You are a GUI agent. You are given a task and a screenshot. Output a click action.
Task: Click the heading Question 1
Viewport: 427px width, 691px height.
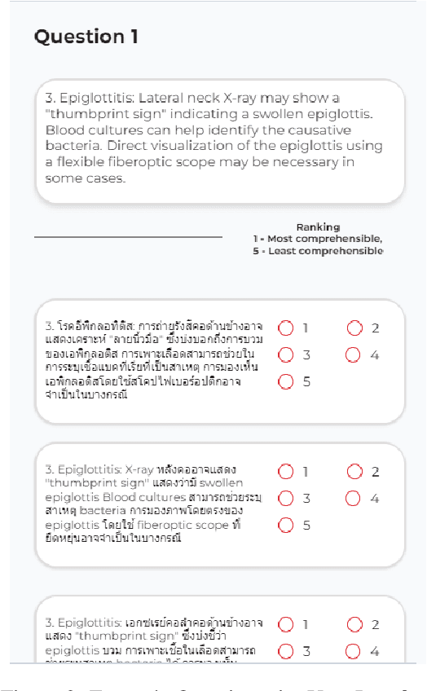(x=86, y=37)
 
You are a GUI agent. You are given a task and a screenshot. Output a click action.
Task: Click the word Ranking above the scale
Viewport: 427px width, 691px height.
(x=318, y=227)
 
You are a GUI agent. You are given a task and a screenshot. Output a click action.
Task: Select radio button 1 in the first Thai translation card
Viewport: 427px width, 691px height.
(x=286, y=328)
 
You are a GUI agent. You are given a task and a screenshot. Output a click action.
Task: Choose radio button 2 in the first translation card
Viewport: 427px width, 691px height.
(x=354, y=328)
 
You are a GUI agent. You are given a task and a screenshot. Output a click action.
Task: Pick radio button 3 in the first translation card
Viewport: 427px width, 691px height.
(x=286, y=354)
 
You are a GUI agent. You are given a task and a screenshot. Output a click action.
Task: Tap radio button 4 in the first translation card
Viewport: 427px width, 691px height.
(x=353, y=354)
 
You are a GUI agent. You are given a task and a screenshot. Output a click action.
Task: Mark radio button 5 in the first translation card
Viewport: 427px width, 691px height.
(x=286, y=381)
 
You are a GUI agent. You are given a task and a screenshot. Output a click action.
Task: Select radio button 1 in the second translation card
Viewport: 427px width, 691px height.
(x=286, y=471)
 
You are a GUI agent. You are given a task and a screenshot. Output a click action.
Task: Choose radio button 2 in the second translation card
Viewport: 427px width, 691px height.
(x=354, y=471)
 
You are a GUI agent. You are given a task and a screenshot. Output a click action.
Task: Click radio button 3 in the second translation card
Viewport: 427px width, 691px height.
(x=286, y=498)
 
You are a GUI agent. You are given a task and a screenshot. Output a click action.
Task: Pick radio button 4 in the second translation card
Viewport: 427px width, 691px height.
(x=353, y=498)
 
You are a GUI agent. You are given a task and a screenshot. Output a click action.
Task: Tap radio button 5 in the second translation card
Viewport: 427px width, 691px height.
(x=286, y=525)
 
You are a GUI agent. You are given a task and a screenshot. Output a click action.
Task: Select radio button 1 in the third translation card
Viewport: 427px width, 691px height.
(x=286, y=624)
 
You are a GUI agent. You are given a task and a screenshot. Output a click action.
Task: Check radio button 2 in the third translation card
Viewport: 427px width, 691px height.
(x=354, y=624)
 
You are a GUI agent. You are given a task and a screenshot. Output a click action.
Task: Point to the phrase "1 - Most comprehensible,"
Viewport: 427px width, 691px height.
(x=318, y=239)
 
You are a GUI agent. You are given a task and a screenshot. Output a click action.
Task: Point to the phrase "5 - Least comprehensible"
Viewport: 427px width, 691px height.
(x=318, y=251)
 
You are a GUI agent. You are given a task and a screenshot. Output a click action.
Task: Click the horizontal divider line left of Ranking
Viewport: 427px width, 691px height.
(x=128, y=237)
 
